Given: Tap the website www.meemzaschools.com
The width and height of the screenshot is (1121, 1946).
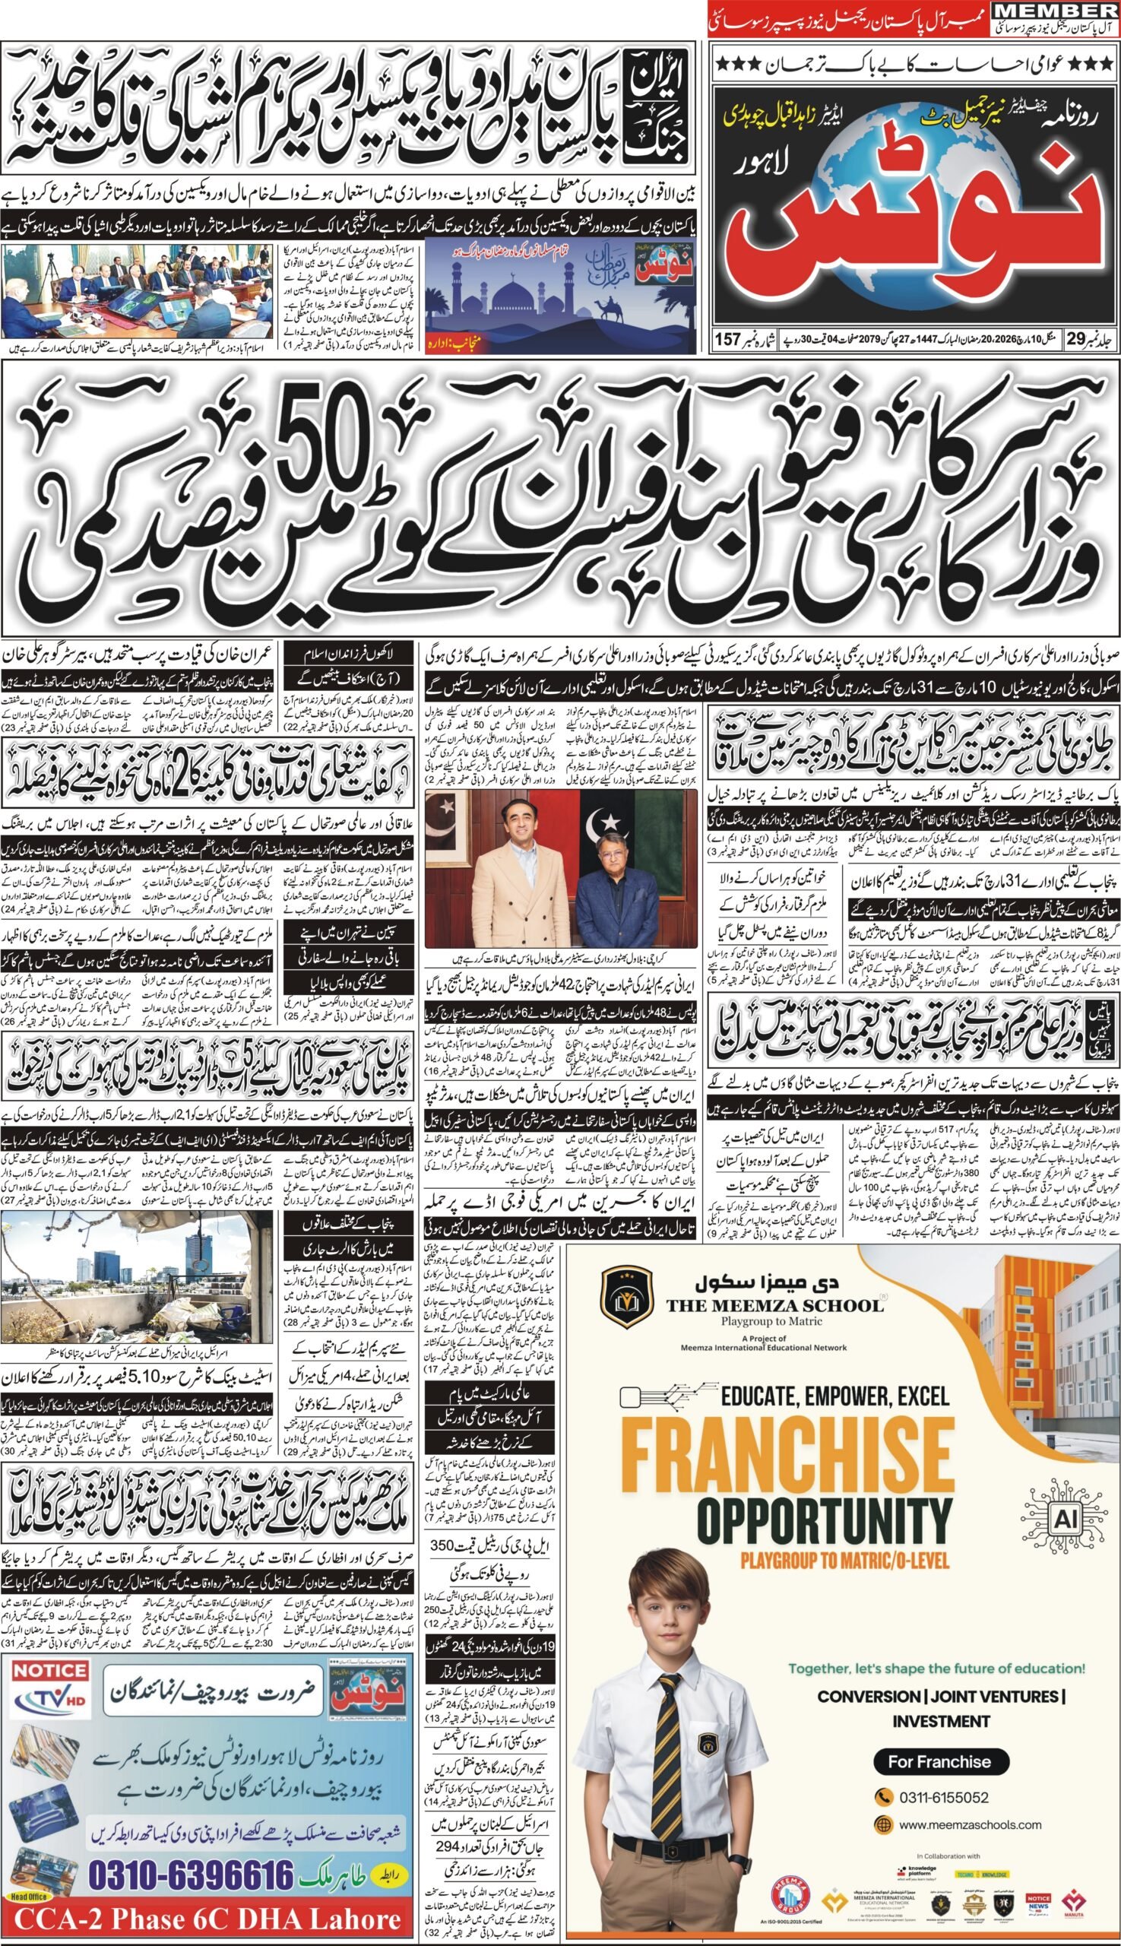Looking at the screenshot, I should coord(958,1804).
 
